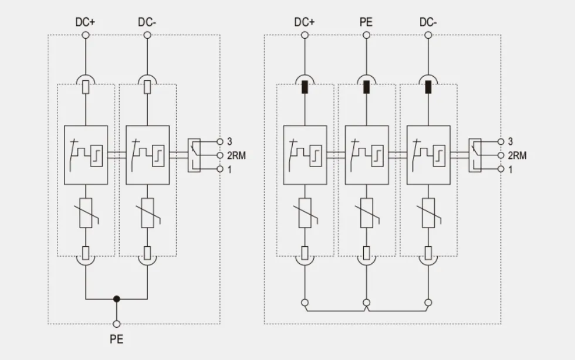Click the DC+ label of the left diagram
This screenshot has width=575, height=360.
(x=85, y=22)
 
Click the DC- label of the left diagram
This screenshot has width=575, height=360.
(x=147, y=22)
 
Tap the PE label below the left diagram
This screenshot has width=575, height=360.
(x=117, y=339)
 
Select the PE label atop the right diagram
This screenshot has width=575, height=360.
(x=366, y=22)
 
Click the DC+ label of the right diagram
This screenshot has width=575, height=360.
(x=305, y=22)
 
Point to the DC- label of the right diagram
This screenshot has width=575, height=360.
(x=428, y=22)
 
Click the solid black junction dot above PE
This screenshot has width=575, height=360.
(x=117, y=299)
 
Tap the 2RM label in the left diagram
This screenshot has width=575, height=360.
(x=236, y=155)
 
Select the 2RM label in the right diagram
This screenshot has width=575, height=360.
(x=517, y=155)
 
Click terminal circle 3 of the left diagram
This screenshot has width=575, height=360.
(x=220, y=141)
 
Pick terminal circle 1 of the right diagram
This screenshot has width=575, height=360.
(x=501, y=169)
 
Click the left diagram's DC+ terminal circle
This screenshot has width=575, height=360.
(x=86, y=35)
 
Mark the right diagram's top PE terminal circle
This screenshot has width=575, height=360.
(x=366, y=35)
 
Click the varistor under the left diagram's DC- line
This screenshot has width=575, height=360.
(x=148, y=213)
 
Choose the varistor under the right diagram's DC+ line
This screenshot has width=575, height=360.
(x=305, y=213)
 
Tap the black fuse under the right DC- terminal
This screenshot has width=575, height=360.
(x=428, y=88)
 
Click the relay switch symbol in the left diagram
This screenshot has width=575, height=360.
(x=194, y=155)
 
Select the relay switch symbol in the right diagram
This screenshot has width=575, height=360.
(x=475, y=155)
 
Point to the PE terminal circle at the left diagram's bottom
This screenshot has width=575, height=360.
(x=117, y=324)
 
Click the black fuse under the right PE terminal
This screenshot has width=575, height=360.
(x=366, y=88)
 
